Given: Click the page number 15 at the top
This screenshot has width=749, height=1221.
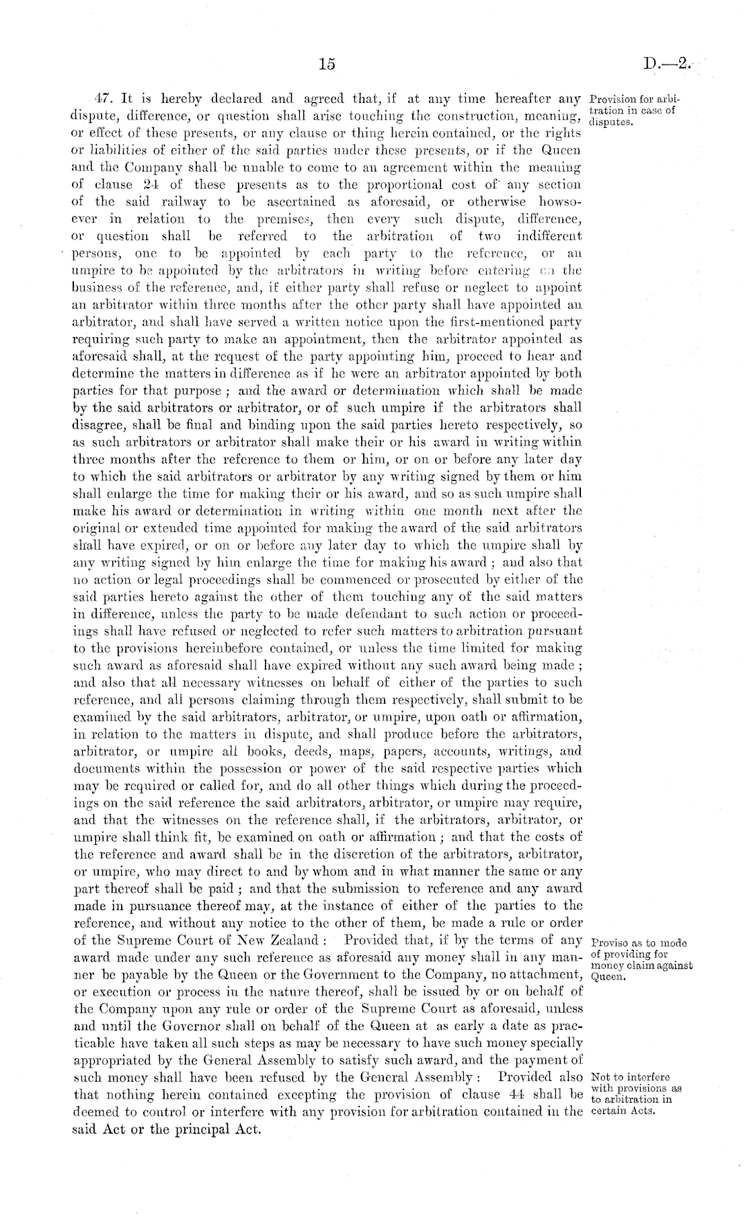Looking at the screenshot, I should click(327, 65).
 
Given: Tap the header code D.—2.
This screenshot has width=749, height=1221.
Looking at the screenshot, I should click(666, 65).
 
